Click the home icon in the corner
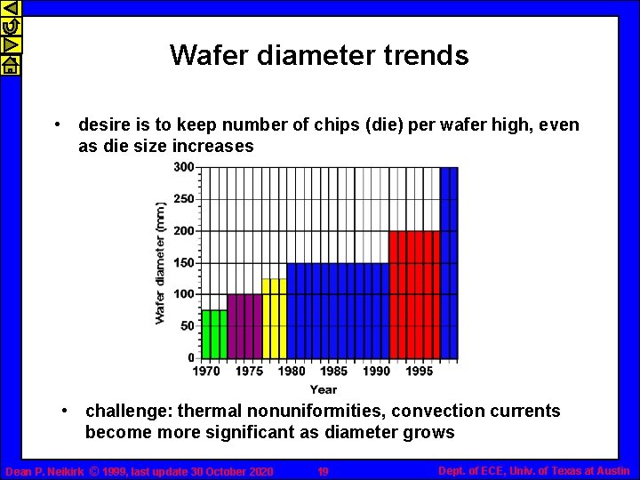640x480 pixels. pos(10,65)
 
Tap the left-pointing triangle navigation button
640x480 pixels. pos(10,8)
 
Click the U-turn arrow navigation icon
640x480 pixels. pos(10,27)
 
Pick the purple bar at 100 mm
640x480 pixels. pos(244,325)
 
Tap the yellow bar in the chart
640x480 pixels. pos(274,317)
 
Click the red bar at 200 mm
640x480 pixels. pos(414,294)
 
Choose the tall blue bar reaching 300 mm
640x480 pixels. pos(449,262)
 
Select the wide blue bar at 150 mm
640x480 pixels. pos(337,310)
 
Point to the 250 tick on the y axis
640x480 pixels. pos(184,199)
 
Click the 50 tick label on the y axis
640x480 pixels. pos(187,326)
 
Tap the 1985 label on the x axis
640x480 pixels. pos(333,371)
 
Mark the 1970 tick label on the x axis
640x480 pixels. pos(206,371)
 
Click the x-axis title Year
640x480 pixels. pos(324,389)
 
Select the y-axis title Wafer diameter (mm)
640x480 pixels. pos(161,261)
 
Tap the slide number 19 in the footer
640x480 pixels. pos(323,471)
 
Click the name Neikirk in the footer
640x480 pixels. pos(61,471)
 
